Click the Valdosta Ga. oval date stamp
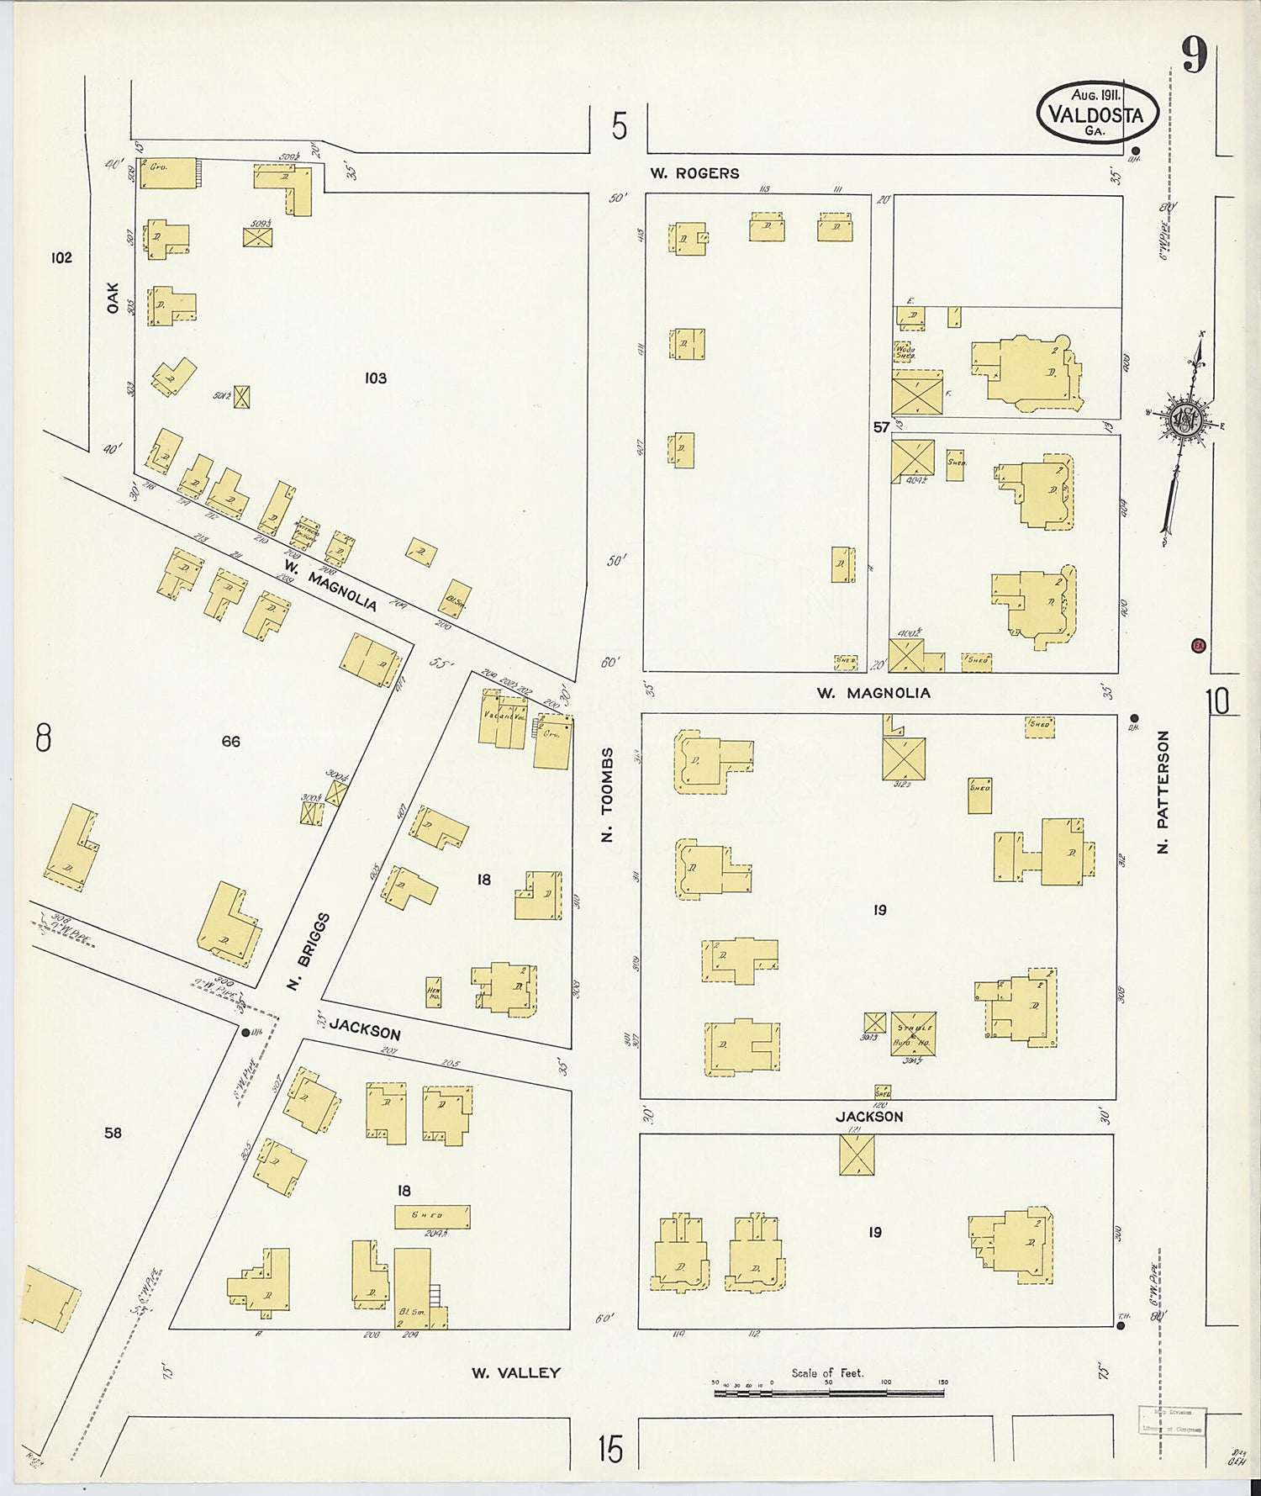point(1097,112)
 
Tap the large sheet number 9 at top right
point(1194,56)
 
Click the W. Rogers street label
point(694,173)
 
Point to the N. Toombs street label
point(607,795)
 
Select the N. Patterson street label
point(1163,791)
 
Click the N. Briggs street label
point(308,951)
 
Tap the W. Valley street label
point(515,1373)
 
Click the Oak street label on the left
point(113,298)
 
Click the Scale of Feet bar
point(828,1393)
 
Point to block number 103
point(375,378)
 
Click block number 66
point(231,742)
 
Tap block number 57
point(880,427)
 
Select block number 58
point(113,1133)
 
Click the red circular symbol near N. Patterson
point(1198,646)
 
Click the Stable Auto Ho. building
point(913,1033)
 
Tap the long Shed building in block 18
point(432,1216)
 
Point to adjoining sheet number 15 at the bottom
point(611,1449)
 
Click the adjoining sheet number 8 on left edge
point(43,738)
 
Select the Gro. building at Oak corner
point(168,172)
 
